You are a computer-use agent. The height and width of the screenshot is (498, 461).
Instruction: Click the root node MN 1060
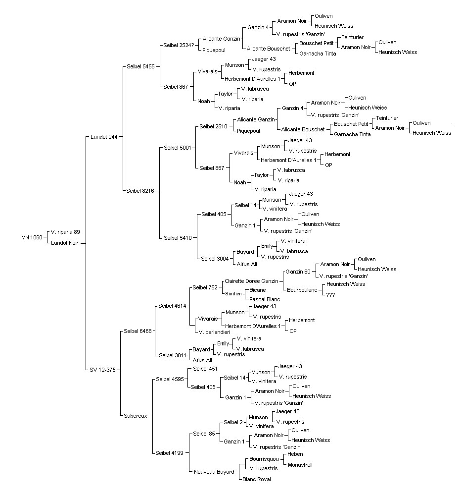pos(32,237)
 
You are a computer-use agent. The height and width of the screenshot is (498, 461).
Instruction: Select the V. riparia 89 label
pos(65,232)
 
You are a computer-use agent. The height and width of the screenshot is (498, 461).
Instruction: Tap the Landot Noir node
pos(65,243)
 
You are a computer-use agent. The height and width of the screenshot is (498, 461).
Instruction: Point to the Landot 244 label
pos(104,137)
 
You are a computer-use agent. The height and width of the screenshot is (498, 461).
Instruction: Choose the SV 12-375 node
pos(103,370)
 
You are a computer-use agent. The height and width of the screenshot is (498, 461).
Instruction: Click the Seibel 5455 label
pos(141,67)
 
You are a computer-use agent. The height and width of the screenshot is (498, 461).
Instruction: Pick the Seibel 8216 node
pos(140,191)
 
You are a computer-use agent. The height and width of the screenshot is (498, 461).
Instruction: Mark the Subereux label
pos(136,416)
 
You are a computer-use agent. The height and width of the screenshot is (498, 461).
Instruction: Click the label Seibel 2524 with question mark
pos(179,46)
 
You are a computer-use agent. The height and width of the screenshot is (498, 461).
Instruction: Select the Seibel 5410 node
pos(178,238)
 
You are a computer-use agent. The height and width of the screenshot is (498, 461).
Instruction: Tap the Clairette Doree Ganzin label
pos(251,281)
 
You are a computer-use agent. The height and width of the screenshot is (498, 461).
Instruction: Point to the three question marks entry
pos(330,295)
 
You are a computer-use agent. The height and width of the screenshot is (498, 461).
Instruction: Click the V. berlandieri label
pos(215,332)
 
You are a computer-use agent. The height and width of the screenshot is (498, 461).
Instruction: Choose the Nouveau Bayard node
pos(214,472)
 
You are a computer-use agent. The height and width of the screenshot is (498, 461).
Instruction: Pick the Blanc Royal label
pos(257,479)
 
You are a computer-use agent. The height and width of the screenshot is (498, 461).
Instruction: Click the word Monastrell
pos(300,465)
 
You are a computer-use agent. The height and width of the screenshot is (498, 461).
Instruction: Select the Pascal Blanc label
pos(265,299)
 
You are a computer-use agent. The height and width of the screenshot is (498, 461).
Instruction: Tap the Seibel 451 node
pos(205,369)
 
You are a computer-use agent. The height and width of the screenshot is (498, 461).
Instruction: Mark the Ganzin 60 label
pos(298,272)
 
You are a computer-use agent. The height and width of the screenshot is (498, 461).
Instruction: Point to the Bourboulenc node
pos(302,290)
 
